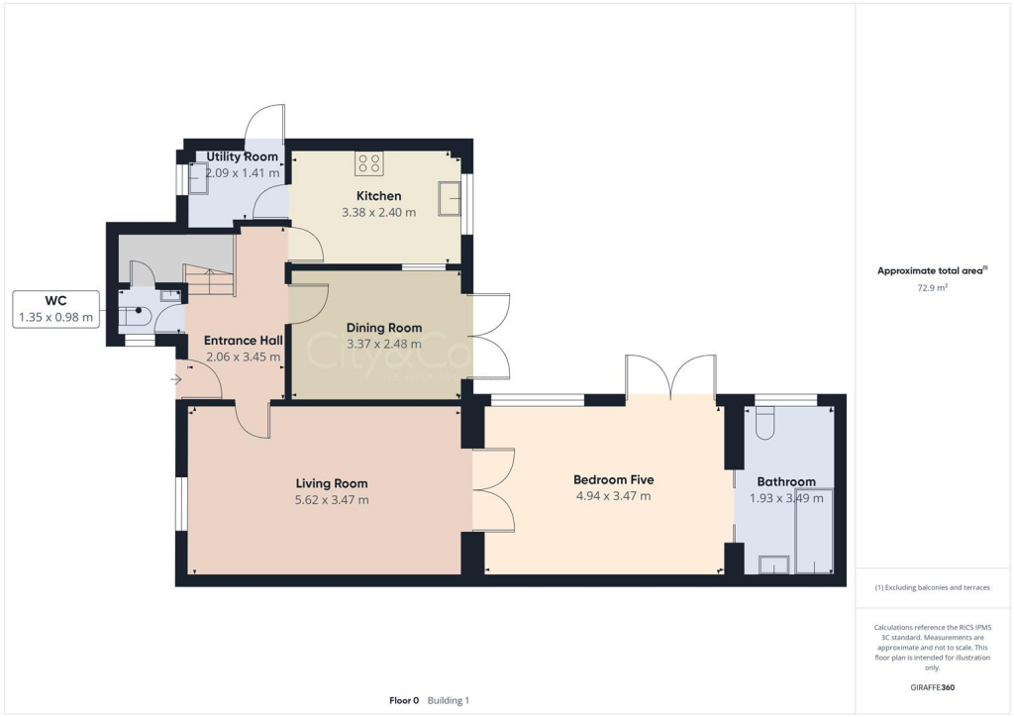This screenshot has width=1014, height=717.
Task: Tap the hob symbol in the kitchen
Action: tap(369, 163)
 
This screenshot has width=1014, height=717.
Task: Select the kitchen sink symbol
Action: tap(451, 198)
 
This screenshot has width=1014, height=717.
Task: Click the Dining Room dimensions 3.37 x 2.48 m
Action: tap(384, 345)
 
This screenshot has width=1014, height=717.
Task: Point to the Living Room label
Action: tap(332, 483)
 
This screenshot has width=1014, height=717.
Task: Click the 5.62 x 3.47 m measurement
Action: tap(332, 500)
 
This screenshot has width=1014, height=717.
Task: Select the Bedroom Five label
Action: tap(613, 479)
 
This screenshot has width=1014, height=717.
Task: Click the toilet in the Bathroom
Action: tap(763, 424)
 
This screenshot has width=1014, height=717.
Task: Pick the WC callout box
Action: tap(56, 309)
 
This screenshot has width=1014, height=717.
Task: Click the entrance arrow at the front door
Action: tap(178, 378)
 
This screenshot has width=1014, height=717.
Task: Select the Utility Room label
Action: tap(242, 156)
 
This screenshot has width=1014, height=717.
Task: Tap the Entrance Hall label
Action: tap(244, 341)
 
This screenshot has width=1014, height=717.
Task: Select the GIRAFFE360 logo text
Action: tap(934, 687)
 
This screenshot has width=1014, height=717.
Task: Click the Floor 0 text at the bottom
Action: tap(404, 700)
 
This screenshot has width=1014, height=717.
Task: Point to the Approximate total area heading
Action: tap(931, 270)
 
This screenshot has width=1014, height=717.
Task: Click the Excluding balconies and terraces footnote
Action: tap(932, 587)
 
